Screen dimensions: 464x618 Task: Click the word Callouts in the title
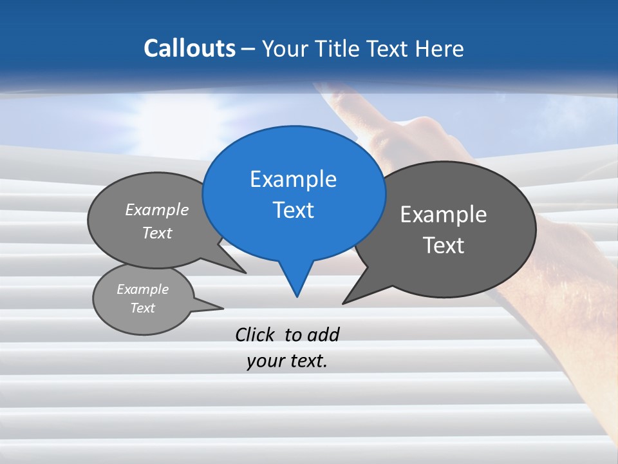pos(189,48)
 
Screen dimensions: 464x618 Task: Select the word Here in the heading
pos(440,48)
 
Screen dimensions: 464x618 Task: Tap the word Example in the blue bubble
pos(293,179)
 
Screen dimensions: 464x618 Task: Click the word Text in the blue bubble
pos(293,210)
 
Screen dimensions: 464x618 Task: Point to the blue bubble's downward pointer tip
pos(297,296)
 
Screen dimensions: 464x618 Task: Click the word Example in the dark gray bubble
pos(444,215)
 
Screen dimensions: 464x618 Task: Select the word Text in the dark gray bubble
pos(444,246)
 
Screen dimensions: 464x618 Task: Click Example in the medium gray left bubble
pos(157,210)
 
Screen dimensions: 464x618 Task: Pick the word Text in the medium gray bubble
pos(157,233)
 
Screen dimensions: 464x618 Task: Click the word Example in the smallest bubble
pos(142,289)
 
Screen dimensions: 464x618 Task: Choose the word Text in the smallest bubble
pos(142,308)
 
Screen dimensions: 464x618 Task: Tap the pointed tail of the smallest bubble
pos(220,307)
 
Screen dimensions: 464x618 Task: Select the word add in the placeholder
pos(323,334)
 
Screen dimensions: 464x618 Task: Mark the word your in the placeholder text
pos(262,362)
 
